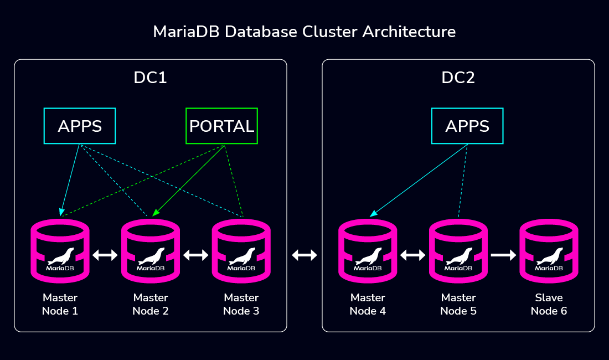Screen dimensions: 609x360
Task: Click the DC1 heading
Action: click(150, 78)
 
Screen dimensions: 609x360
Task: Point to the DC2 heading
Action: click(458, 78)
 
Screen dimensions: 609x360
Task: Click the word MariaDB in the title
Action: click(187, 32)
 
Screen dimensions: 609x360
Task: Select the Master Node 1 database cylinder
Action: click(60, 251)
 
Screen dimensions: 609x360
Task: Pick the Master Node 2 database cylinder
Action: click(151, 251)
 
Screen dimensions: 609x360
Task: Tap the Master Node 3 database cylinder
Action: click(241, 251)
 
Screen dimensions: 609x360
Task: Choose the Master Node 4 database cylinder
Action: click(368, 251)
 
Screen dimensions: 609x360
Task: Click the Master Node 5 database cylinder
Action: click(458, 251)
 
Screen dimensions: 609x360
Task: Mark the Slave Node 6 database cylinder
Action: click(549, 251)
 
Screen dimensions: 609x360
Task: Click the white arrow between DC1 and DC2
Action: click(304, 255)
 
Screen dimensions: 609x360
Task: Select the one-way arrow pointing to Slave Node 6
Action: click(503, 255)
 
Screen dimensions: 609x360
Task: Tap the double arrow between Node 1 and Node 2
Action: click(105, 255)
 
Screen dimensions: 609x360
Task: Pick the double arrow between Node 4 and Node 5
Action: click(413, 255)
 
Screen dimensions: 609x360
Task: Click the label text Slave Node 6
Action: click(549, 304)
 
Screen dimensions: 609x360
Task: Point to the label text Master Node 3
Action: click(241, 304)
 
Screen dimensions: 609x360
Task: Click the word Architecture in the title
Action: click(409, 32)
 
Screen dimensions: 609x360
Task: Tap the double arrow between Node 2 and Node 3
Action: click(196, 255)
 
